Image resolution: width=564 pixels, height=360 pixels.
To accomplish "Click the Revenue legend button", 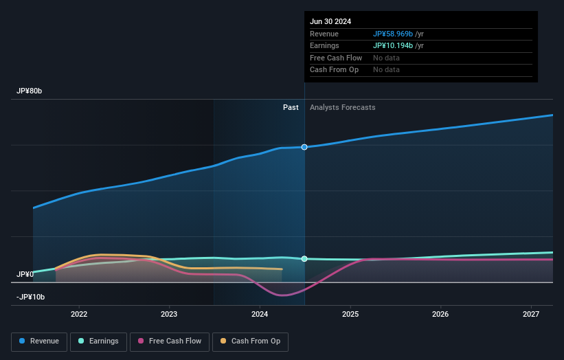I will pyautogui.click(x=39, y=341).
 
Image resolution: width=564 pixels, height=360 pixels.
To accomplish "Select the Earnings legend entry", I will pyautogui.click(x=98, y=341).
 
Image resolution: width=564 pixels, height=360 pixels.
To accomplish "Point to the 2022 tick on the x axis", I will pyautogui.click(x=79, y=314).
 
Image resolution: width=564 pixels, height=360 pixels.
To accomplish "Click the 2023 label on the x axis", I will pyautogui.click(x=169, y=314).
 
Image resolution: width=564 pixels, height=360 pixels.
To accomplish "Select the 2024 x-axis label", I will pyautogui.click(x=260, y=314).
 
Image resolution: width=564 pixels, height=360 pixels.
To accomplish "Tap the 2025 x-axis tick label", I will pyautogui.click(x=350, y=314).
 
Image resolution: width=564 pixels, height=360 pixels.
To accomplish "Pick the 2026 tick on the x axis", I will pyautogui.click(x=440, y=314).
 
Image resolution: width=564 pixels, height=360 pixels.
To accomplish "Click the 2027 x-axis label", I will pyautogui.click(x=531, y=314).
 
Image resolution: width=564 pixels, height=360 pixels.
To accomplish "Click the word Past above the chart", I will pyautogui.click(x=291, y=107).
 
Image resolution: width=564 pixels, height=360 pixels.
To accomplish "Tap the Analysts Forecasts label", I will pyautogui.click(x=343, y=107).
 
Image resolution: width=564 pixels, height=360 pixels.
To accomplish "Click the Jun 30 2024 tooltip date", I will pyautogui.click(x=330, y=21).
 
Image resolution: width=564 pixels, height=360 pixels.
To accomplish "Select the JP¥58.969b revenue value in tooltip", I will pyautogui.click(x=393, y=34).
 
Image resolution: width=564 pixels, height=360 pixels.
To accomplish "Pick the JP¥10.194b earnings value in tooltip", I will pyautogui.click(x=393, y=45).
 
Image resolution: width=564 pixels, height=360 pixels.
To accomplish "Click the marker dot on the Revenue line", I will pyautogui.click(x=304, y=147).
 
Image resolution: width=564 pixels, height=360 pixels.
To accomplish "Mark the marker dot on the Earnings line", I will pyautogui.click(x=304, y=259).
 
